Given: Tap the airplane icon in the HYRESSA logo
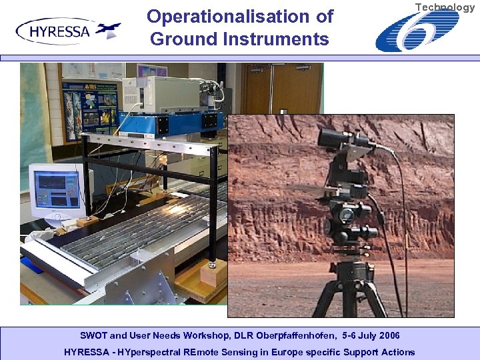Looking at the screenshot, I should tap(108, 30).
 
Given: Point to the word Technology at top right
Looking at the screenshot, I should tap(445, 7).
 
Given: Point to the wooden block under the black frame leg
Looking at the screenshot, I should tap(213, 273).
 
